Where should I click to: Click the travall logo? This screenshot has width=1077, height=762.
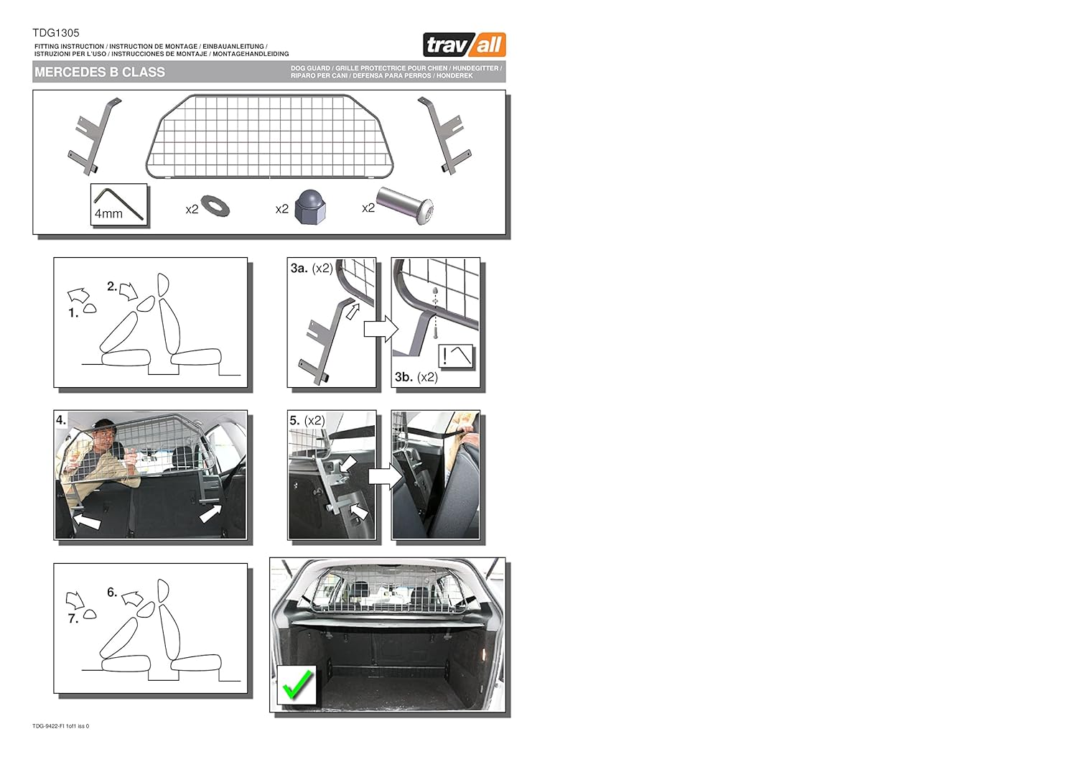point(465,45)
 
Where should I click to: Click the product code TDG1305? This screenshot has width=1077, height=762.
point(56,33)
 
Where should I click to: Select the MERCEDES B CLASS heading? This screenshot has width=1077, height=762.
point(100,73)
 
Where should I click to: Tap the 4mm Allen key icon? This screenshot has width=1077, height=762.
point(120,205)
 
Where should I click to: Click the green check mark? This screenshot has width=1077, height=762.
point(297,684)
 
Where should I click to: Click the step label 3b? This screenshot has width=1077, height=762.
point(404,377)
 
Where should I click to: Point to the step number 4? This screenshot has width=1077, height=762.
point(61,420)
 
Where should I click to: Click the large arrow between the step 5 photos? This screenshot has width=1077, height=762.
point(381,476)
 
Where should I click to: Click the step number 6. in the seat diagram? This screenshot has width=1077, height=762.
point(112,593)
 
